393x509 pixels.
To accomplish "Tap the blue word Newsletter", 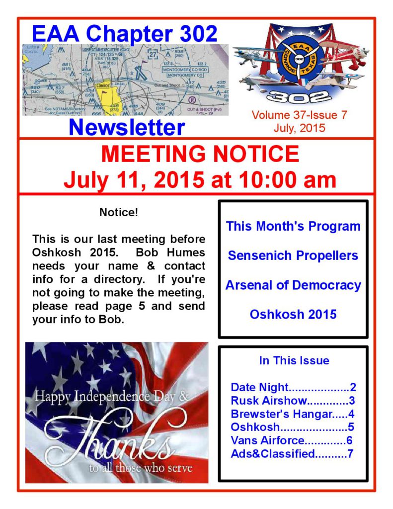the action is pos(127,127).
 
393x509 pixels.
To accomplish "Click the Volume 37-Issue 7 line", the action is pos(299,115).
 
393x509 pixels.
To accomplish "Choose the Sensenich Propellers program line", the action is pos(293,255).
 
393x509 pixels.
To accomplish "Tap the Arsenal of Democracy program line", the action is pos(293,285).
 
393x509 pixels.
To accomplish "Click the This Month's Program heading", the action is pos(293,226).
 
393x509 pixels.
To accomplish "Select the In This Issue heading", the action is pos(294,360).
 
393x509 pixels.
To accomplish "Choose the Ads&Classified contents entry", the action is pos(292,453).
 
